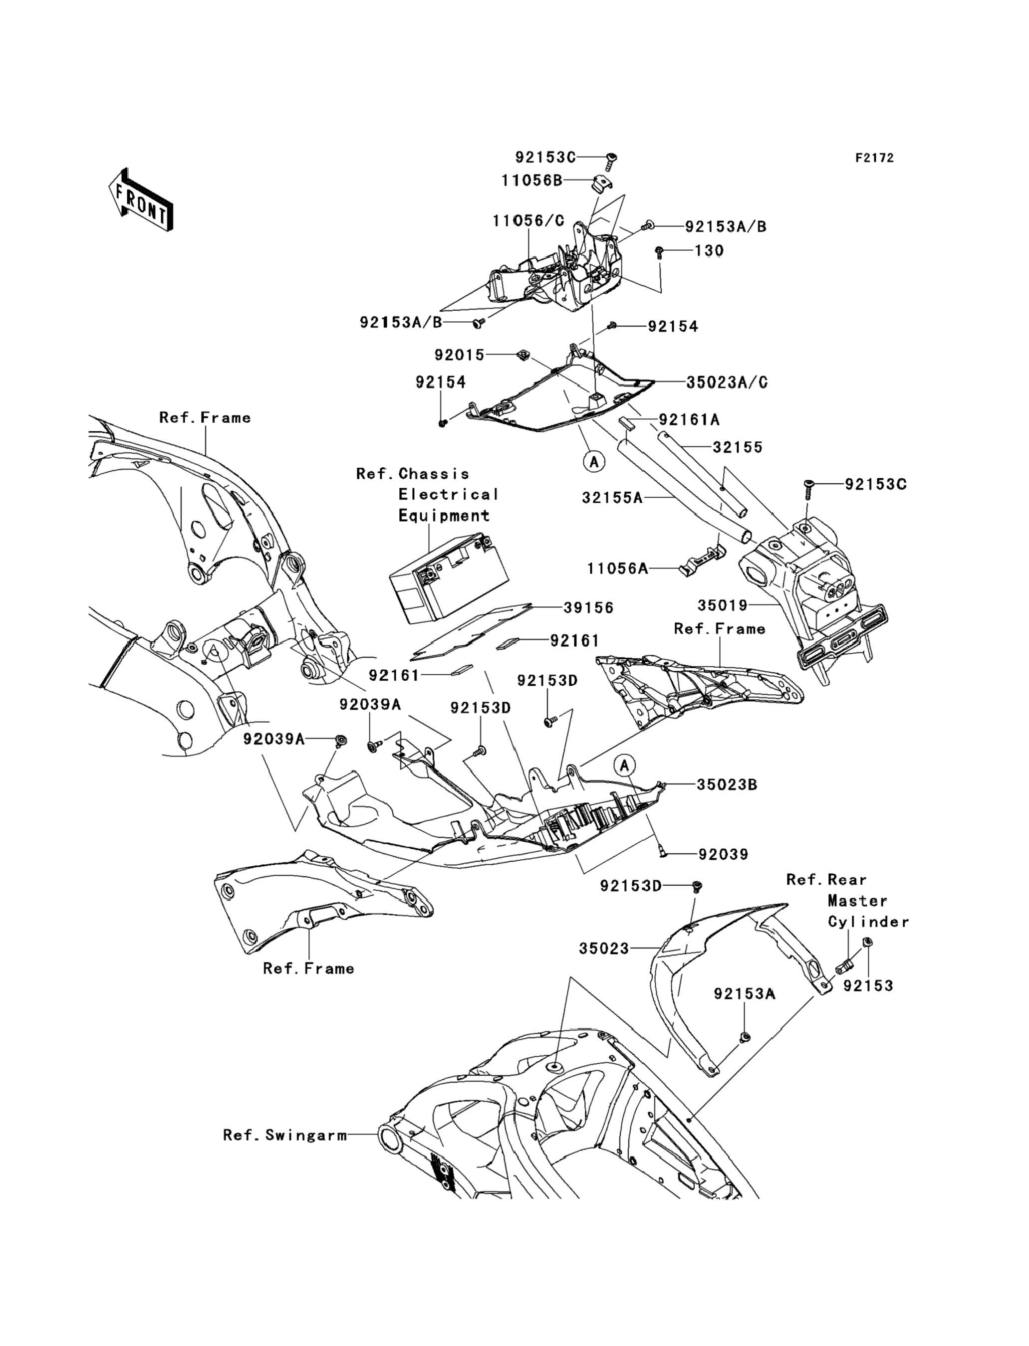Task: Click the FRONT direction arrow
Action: (140, 200)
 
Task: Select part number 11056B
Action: (531, 181)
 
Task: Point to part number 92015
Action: (460, 355)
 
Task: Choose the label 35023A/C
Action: (727, 383)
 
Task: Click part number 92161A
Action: (689, 420)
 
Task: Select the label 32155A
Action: (612, 498)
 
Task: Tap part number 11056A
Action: (617, 569)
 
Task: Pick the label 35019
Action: (723, 605)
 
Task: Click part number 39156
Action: (589, 608)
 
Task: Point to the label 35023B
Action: (727, 784)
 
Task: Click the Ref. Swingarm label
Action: (285, 1136)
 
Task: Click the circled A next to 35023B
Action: (625, 765)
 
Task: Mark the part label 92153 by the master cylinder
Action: (868, 986)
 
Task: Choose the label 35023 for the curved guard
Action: (604, 949)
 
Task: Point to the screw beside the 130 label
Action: (659, 251)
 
